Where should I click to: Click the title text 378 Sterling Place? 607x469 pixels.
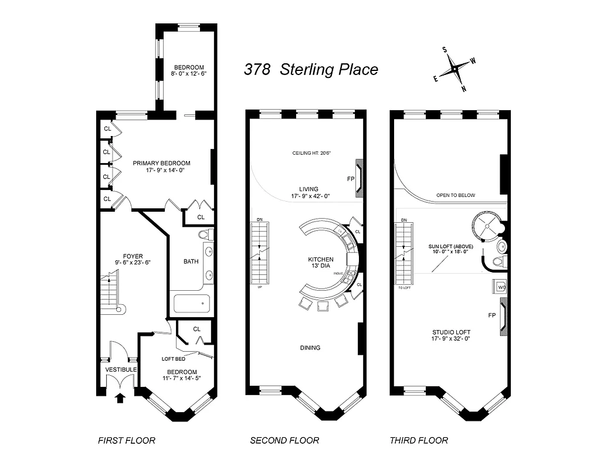[x=311, y=70]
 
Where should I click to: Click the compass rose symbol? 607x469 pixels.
[x=455, y=70]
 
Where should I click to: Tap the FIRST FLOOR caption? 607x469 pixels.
[x=127, y=440]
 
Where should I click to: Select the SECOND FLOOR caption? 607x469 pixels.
[x=284, y=440]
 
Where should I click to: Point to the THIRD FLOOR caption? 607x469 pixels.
[x=419, y=440]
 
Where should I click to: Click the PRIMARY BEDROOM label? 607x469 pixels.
[x=161, y=167]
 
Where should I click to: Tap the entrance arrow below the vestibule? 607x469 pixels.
[x=120, y=399]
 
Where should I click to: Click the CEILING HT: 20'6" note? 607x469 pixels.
[x=312, y=154]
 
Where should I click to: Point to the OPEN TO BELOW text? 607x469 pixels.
[x=455, y=195]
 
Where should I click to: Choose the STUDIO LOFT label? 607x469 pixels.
[x=451, y=335]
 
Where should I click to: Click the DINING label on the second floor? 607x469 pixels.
[x=310, y=348]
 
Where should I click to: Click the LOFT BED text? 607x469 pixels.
[x=174, y=359]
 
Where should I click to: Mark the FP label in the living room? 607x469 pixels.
[x=351, y=178]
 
